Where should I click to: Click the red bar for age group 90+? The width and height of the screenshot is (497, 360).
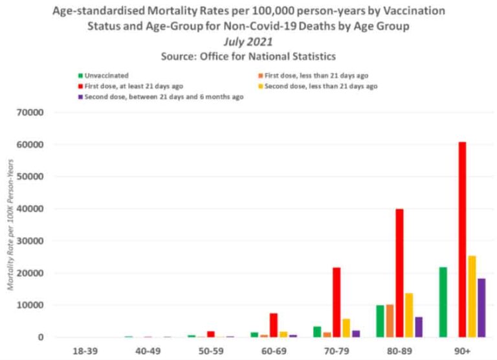[x=462, y=240]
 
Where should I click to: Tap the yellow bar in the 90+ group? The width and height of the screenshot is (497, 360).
[x=472, y=296]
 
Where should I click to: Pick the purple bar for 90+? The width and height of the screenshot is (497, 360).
[x=481, y=308]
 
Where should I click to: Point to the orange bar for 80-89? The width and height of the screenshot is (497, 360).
[x=390, y=321]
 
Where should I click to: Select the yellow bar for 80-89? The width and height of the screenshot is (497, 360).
[x=409, y=315]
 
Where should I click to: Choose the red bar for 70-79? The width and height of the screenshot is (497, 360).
[x=337, y=302]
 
